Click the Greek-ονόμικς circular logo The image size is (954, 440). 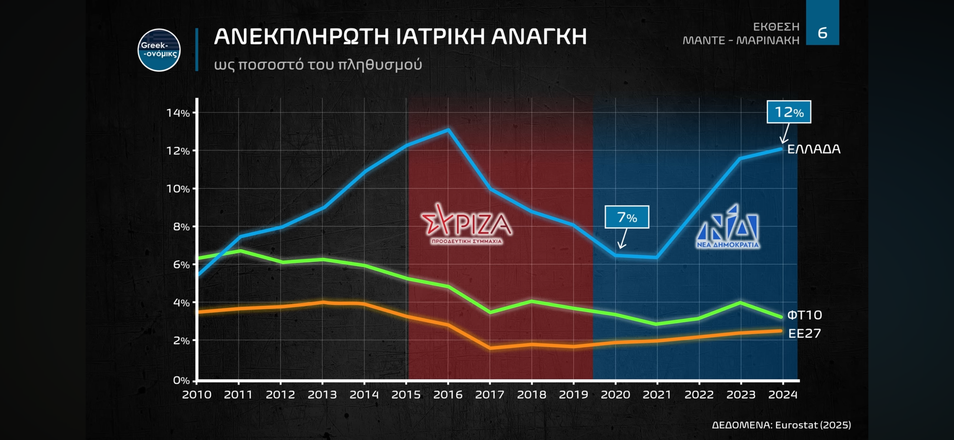pos(159,50)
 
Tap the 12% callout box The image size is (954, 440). pos(789,112)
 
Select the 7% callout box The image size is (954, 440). pos(627,217)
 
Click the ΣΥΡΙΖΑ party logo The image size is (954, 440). pos(467,224)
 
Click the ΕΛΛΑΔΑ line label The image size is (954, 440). pos(814,149)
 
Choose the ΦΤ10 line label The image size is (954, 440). pos(804,315)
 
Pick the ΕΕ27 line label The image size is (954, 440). pos(804,333)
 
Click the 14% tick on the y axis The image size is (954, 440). pos(178,113)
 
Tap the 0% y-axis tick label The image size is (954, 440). pos(181,380)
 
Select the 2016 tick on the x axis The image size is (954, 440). pos(448,394)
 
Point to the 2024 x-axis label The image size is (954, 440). pos(782,394)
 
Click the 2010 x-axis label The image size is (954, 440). pos(197,394)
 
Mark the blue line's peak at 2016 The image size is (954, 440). pos(448,130)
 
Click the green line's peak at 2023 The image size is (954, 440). pos(740,303)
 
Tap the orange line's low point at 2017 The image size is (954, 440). pos(490,348)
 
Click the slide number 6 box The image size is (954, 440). pos(822,33)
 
